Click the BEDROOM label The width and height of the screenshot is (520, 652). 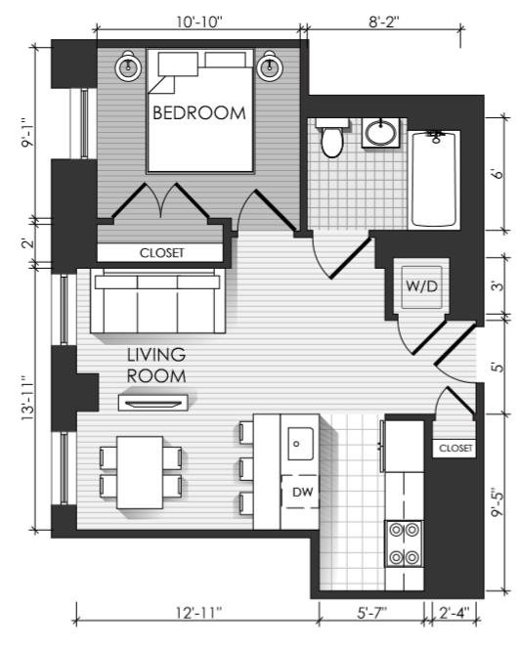point(199,113)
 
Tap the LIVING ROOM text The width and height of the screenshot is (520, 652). point(155,366)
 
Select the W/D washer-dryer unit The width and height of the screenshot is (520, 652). point(421,286)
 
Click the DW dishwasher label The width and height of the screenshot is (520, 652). point(303,492)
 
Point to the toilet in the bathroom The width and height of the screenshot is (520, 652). point(332,137)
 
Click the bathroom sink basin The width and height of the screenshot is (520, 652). point(381,133)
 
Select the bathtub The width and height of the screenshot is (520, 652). point(434,180)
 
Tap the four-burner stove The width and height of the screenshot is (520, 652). point(404,543)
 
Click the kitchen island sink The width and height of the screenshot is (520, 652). point(300,444)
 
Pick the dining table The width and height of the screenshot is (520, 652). point(140,472)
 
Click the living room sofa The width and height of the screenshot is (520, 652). point(157,301)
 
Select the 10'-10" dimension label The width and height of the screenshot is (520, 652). point(199,22)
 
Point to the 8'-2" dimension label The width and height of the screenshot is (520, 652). point(384,22)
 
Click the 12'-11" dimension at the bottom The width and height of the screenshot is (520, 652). point(198,612)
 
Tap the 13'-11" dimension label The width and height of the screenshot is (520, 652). point(28,398)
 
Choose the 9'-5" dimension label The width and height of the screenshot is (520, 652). point(498,502)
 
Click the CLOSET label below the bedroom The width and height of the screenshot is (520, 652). point(161,253)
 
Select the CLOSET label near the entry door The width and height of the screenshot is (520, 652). point(455,449)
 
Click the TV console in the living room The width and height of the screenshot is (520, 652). point(152,403)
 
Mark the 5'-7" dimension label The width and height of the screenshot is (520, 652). point(372,612)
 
